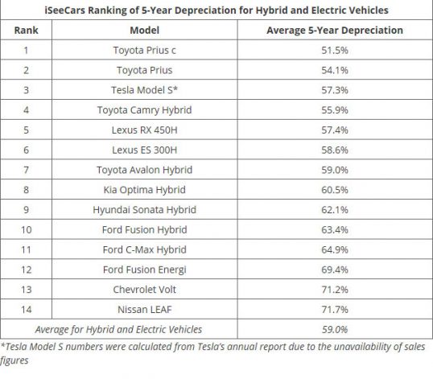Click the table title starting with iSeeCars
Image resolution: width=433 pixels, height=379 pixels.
click(x=216, y=10)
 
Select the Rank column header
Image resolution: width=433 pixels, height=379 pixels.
click(x=27, y=30)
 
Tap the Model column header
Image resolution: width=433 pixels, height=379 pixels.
click(x=144, y=30)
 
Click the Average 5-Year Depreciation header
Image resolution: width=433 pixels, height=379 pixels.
click(x=335, y=30)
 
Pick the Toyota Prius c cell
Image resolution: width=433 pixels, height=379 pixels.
click(x=144, y=50)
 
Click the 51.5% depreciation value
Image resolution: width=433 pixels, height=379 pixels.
click(x=335, y=50)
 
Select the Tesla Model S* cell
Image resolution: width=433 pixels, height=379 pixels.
click(x=144, y=90)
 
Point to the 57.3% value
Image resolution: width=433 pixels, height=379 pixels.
click(x=335, y=90)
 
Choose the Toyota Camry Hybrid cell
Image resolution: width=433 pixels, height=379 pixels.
click(x=144, y=110)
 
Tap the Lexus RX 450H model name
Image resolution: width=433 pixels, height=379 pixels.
click(x=144, y=130)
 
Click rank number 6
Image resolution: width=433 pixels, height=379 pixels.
click(x=27, y=150)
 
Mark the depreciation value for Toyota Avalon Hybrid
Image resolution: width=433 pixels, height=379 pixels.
click(x=335, y=170)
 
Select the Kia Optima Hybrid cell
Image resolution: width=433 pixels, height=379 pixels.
click(x=144, y=190)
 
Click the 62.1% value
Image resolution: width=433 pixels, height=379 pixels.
click(x=335, y=210)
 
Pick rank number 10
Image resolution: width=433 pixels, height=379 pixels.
click(x=27, y=229)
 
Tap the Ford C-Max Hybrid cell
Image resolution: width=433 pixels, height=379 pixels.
click(x=144, y=249)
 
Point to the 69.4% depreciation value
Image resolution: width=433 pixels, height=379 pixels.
click(x=335, y=270)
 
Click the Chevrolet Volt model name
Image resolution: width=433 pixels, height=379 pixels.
click(x=144, y=290)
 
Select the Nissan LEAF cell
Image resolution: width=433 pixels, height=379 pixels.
click(x=144, y=310)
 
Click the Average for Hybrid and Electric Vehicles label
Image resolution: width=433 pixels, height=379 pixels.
click(x=118, y=329)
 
